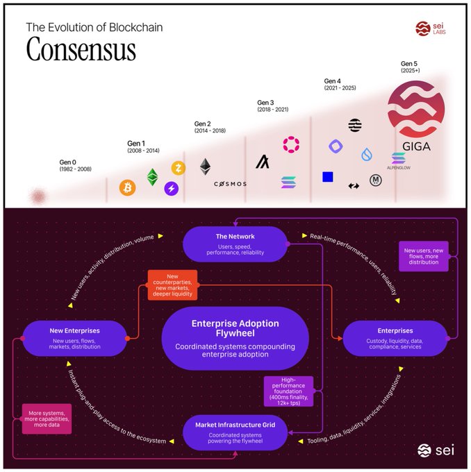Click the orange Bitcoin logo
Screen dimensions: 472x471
(127, 187)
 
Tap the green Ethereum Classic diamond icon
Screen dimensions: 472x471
(152, 177)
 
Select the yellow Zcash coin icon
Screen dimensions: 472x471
(180, 169)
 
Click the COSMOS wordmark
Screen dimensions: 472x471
(230, 184)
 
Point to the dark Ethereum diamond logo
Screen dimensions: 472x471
(205, 167)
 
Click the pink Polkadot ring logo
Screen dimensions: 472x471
(290, 144)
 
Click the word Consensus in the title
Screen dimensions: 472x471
(81, 50)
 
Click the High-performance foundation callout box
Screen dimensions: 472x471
(288, 391)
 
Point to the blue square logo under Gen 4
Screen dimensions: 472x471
(328, 177)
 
